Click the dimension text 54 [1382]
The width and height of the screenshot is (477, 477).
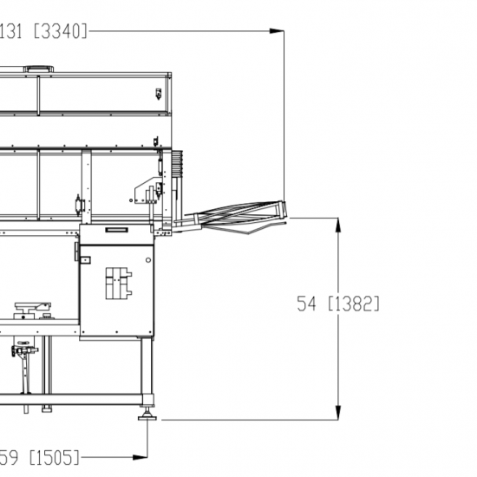[338, 304]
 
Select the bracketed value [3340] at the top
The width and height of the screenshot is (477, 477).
[61, 31]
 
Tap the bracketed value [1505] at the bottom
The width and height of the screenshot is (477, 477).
[55, 457]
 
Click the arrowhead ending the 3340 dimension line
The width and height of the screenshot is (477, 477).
[277, 30]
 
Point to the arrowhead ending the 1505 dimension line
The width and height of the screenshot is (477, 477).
[140, 457]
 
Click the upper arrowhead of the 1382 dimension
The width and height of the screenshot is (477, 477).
[338, 225]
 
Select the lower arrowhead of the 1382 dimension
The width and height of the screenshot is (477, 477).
[338, 413]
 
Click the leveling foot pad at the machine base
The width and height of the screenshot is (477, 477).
[147, 418]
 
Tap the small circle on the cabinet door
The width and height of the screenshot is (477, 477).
[148, 260]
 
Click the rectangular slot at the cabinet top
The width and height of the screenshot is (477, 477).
[117, 230]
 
